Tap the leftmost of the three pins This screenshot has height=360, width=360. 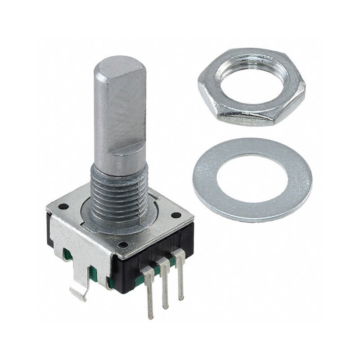[x=148, y=292]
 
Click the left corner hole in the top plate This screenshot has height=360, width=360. [x=63, y=207]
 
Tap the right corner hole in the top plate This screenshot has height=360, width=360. [x=176, y=215]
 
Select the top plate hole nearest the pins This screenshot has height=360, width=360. [x=122, y=245]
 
